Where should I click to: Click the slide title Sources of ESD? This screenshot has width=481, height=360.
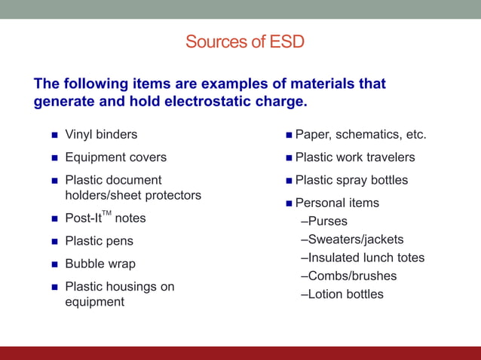245,41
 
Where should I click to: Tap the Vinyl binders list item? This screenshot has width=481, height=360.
101,135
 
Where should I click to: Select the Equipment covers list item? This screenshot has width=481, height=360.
115,157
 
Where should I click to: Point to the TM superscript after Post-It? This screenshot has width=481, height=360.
106,214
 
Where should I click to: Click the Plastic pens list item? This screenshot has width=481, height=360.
99,241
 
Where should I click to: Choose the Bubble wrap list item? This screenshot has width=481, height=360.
100,264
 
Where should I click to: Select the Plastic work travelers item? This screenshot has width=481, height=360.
354,157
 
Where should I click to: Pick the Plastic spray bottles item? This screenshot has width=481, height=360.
351,180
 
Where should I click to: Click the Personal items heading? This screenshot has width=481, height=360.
337,203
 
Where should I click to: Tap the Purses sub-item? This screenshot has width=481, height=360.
327,221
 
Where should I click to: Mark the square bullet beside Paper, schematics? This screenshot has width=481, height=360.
289,136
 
